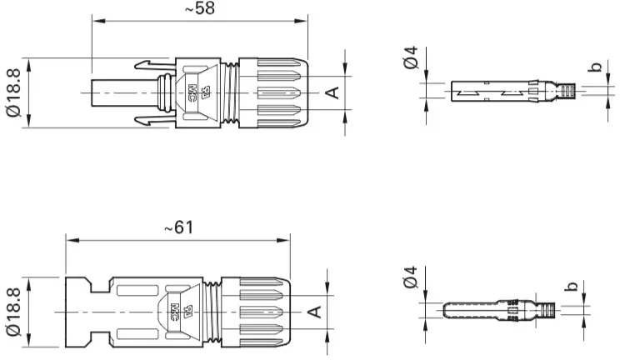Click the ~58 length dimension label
click(x=200, y=7)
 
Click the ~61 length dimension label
click(x=178, y=227)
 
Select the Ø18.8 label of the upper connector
click(x=14, y=93)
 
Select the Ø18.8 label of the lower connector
click(x=14, y=312)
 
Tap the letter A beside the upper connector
click(x=332, y=92)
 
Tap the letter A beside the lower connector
click(x=315, y=312)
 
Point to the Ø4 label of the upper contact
click(x=411, y=57)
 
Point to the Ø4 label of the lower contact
click(x=411, y=277)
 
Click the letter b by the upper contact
click(x=594, y=67)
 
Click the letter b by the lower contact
click(x=571, y=286)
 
